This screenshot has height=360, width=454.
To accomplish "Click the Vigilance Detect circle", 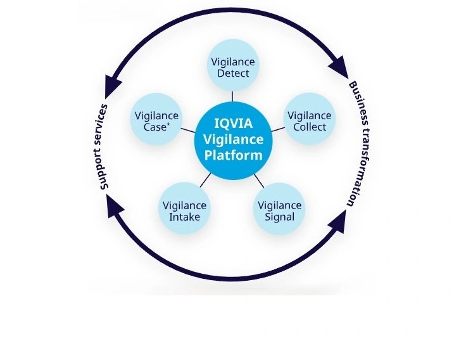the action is pos(233,65).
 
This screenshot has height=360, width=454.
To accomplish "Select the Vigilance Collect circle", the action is pos(310,119).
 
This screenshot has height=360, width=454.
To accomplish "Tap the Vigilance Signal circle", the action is pos(279,209).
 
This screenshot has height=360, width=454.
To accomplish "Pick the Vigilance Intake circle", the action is pos(184,209).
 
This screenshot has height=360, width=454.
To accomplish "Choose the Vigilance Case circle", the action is pos(156,119).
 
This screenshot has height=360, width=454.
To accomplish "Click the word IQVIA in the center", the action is pos(234,124).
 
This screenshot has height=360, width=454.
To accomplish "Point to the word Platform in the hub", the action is pos(234,155).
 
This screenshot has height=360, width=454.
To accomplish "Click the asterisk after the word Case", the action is pos(168,125).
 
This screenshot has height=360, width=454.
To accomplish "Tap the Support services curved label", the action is pos(104,147).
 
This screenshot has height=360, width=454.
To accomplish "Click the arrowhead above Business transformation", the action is pos(339,67).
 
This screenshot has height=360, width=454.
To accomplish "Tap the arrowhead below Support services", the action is pos(115,206).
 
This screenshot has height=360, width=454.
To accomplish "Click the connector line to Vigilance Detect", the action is pos(232,96).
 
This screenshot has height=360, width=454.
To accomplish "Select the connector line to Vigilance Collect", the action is pos(278,129).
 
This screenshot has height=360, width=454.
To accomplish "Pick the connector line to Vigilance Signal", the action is pos(259,181).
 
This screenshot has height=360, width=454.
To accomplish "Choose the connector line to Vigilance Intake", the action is pos(206,180).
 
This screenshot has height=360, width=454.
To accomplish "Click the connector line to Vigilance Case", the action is pos(188,130).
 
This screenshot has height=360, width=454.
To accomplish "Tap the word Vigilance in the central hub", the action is pos(234,139).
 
